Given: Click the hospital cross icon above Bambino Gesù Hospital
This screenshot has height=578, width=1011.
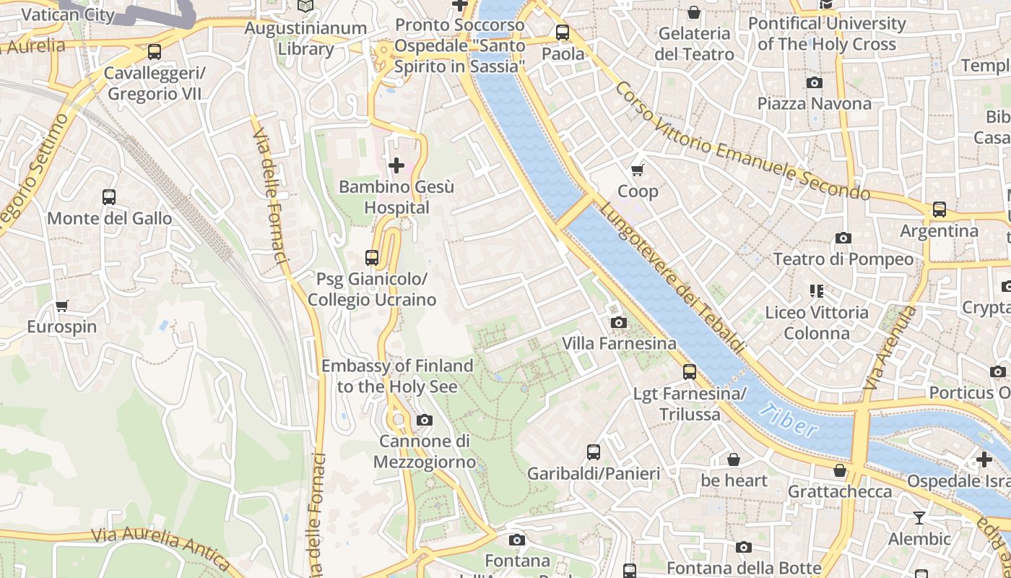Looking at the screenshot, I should pos(396,165).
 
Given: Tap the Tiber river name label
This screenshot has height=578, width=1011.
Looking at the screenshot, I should pos(789,421).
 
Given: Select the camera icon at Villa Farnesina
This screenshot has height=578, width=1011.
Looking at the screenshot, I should pos(619,322).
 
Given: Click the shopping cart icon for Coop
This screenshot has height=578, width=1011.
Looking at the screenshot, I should pos(637,170).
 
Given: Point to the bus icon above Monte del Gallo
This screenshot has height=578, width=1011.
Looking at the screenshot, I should pos(109,197).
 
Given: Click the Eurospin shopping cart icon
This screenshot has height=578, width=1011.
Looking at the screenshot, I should pos(62,306).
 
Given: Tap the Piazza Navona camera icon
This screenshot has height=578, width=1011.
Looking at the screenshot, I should pos(814,82).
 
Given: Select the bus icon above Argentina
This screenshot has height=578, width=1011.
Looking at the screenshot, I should pos(939,210).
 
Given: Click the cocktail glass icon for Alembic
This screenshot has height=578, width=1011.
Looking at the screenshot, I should pos(919,517).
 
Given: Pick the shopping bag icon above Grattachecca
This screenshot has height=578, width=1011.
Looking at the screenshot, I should pos(839,470).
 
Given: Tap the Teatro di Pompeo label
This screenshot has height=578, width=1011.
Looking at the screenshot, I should pos(843,259).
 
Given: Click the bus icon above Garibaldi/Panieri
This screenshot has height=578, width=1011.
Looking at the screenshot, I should pos(593,452).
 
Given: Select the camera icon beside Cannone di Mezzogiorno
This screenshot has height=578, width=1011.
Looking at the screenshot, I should pos(425,420).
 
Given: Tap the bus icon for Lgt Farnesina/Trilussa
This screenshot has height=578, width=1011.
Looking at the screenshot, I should pos(690,372).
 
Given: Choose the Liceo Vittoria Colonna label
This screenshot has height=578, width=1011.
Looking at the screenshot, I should pos(817,323).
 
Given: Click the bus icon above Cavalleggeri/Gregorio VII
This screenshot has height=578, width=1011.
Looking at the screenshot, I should pos(154,52).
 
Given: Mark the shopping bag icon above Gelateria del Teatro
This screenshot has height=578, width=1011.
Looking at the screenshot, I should pos(693,12).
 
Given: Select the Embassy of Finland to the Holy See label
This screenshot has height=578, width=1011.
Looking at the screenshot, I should pos(397,376).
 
